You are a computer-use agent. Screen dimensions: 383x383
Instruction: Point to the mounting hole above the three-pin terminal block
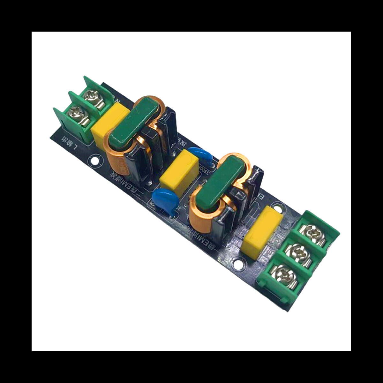pyautogui.click(x=280, y=208)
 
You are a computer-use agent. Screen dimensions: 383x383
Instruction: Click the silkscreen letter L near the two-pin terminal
pyautogui.click(x=76, y=147)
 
